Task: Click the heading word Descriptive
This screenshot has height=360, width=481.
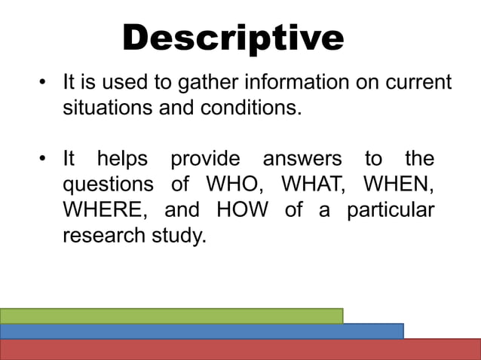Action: tap(233, 38)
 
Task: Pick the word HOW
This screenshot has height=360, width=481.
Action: tap(241, 210)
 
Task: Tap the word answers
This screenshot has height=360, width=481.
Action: tap(302, 160)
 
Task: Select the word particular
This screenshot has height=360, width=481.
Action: tap(390, 210)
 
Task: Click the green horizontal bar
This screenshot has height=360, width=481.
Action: tap(171, 316)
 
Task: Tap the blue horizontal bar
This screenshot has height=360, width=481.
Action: tap(201, 331)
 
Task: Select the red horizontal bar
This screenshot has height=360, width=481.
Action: tap(240, 349)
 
